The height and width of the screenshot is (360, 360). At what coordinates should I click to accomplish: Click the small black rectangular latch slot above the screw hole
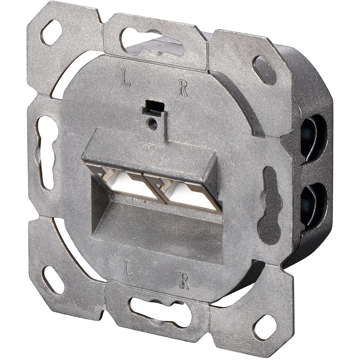(x=153, y=105)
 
